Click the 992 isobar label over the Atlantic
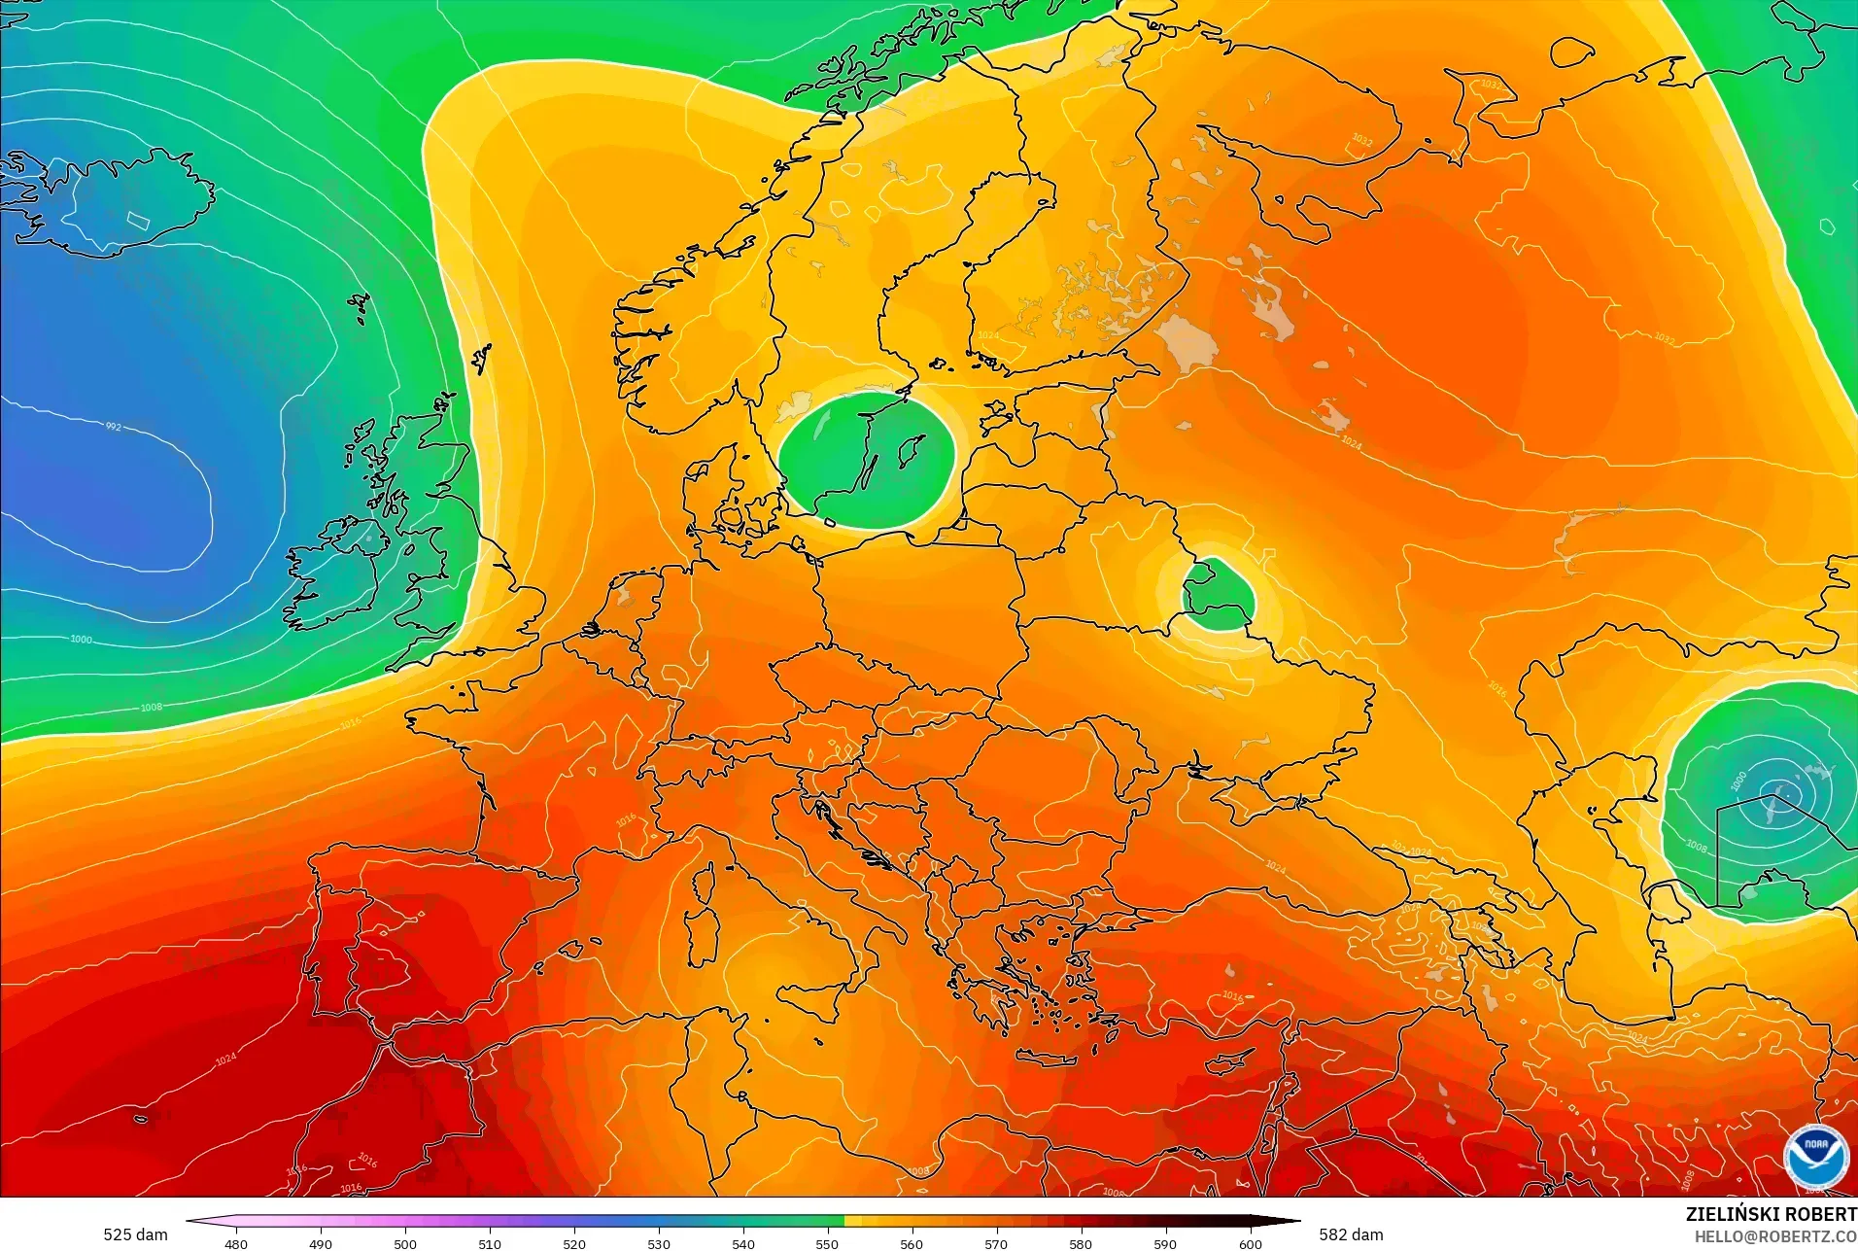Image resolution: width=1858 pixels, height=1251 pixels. point(114,427)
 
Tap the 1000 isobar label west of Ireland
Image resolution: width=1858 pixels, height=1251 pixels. point(82,640)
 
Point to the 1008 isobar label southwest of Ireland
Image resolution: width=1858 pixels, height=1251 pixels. point(152,708)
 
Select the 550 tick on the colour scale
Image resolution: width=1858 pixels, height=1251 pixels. point(827,1243)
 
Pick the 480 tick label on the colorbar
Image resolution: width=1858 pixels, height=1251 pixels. point(236,1244)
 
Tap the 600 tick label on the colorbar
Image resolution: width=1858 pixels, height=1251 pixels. point(1250,1244)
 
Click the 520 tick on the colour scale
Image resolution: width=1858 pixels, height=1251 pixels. point(574,1243)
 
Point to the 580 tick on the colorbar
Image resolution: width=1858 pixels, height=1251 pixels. point(1081,1243)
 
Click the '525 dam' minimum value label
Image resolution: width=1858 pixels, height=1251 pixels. point(135,1234)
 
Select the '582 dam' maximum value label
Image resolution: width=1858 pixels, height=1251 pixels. point(1351,1234)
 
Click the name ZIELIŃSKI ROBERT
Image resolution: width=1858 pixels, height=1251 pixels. point(1771,1214)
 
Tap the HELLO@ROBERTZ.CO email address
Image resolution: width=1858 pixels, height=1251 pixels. point(1775,1236)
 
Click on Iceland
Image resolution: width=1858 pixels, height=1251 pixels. point(117,204)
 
